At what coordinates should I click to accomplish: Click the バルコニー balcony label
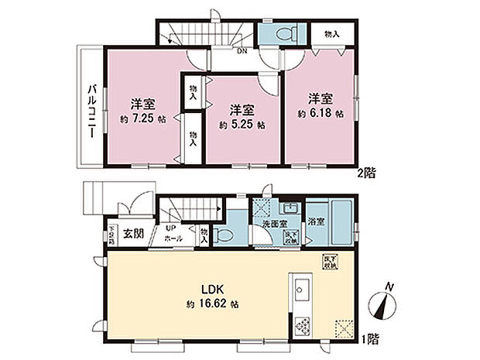coord(91,111)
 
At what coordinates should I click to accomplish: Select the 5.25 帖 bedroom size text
coord(242,125)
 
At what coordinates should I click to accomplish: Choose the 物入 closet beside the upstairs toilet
coord(331,35)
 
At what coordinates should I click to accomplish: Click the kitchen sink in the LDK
coord(300,293)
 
